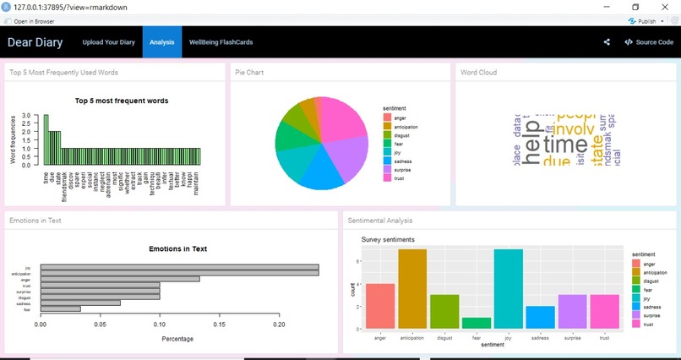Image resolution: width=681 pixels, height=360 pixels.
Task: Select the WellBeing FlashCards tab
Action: pos(221,42)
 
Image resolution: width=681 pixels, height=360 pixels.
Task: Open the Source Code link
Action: pos(649,42)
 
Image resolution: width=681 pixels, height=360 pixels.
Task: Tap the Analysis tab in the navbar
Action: pos(161,42)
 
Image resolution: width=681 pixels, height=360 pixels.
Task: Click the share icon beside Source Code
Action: pos(607,42)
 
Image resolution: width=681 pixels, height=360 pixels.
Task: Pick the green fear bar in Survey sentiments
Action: pos(477,323)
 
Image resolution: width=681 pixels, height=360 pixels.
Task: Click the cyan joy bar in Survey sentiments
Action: pos(509,288)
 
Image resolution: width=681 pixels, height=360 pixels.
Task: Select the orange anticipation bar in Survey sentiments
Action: pos(412,288)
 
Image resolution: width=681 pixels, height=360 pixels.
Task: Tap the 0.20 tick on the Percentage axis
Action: pos(279,324)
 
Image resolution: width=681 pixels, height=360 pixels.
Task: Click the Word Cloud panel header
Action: pos(479,73)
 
